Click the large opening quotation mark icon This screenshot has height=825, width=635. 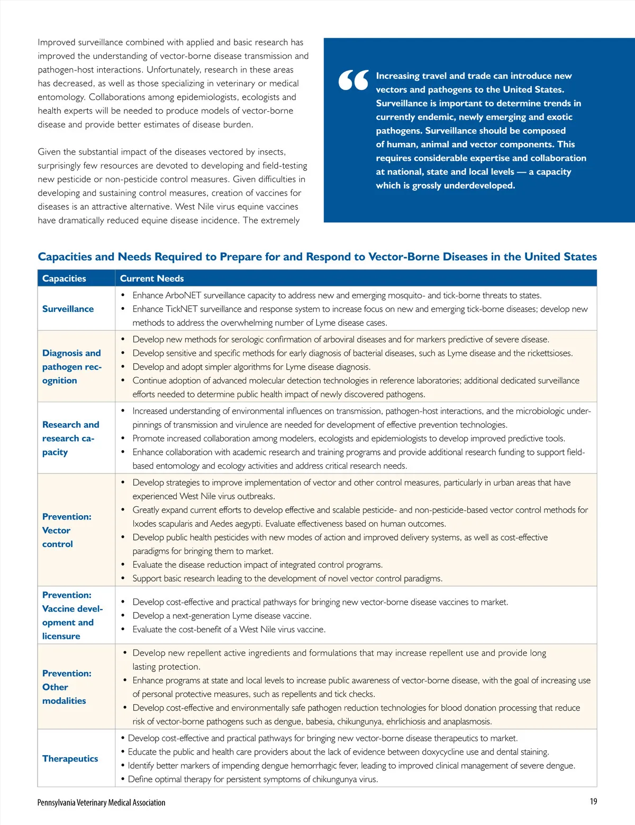click(353, 80)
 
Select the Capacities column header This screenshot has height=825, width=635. click(64, 279)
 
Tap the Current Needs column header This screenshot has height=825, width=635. click(152, 279)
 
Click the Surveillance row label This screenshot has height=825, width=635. click(68, 309)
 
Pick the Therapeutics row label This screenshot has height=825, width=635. click(70, 759)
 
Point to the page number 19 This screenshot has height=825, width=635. click(593, 802)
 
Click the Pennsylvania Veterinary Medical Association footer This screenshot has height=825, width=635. click(101, 803)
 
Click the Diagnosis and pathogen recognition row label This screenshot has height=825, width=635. click(71, 366)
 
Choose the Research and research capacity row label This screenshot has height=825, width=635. click(70, 438)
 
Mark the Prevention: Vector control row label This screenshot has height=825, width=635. click(67, 530)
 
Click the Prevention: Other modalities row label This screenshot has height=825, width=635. click(67, 687)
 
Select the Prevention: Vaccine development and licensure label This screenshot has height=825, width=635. click(72, 615)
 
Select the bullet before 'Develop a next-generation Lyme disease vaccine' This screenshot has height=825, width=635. click(123, 616)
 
